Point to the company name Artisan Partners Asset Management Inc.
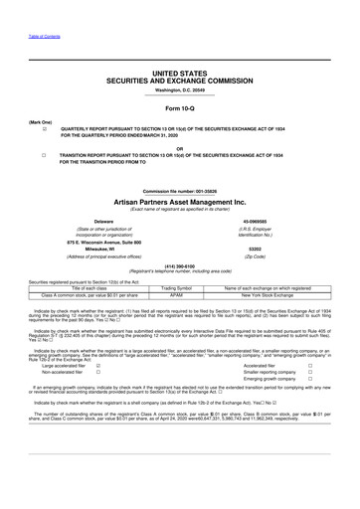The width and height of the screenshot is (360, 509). [180, 201]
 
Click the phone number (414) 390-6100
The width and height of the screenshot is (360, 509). [180, 266]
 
